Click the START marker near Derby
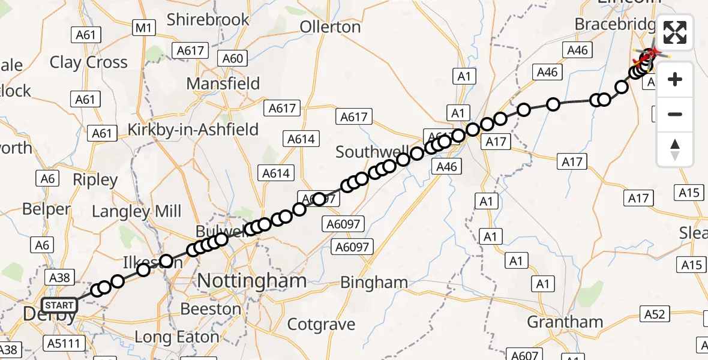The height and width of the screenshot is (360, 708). coord(59,305)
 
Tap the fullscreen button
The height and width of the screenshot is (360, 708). coord(675,32)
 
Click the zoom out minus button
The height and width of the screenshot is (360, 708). coord(675,114)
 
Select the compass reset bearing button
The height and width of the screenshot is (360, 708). coord(675,149)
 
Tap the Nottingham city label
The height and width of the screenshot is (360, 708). coord(251,280)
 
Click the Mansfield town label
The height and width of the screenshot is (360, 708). coord(223,83)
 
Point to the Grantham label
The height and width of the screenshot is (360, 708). coord(565,322)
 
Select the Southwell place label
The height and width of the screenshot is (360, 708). coord(372,152)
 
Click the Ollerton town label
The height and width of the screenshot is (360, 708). coord(330,27)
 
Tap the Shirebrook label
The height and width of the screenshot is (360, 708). coord(208,20)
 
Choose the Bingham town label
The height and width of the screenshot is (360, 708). coord(374,282)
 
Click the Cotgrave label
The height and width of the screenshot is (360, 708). coord(321,325)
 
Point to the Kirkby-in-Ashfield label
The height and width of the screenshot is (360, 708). coord(193,130)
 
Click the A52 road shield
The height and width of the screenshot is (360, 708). coord(655,314)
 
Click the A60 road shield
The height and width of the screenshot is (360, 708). coord(233,58)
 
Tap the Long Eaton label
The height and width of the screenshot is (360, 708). coord(176,337)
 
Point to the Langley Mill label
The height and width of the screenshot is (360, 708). coord(136,211)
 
